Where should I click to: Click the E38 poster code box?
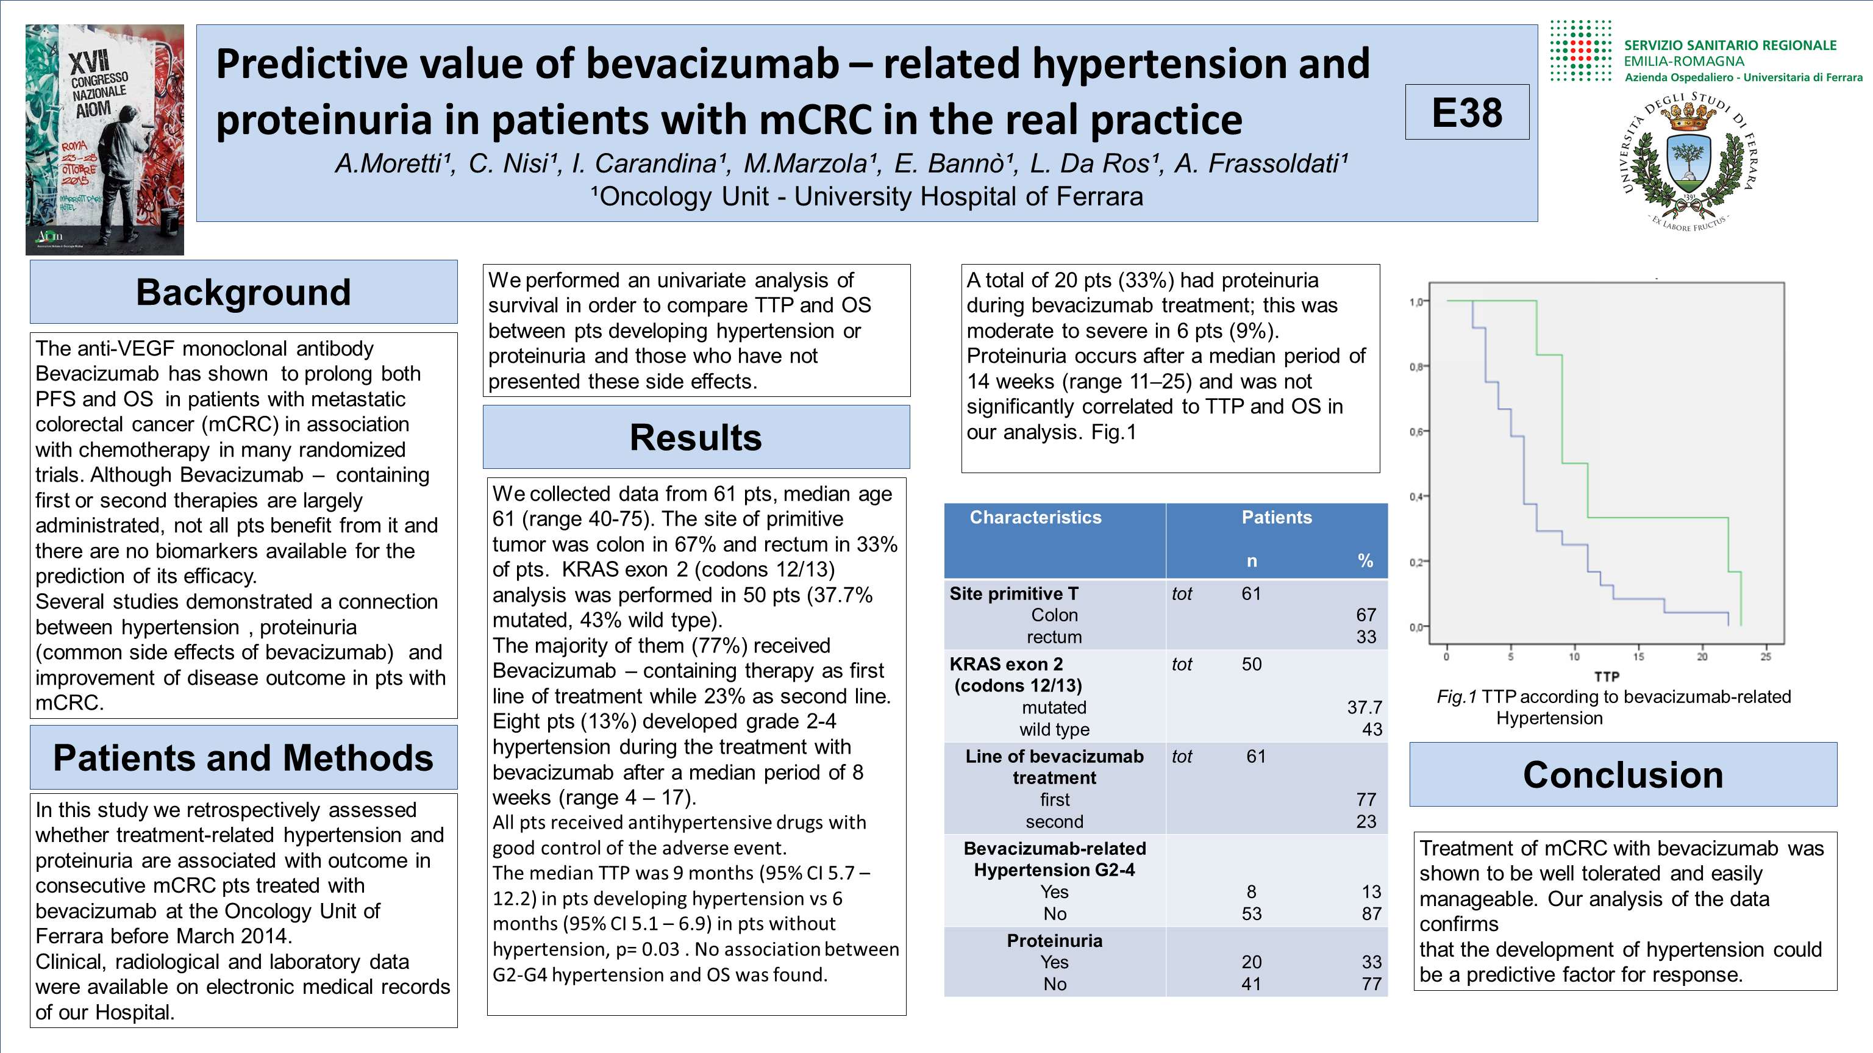[1466, 113]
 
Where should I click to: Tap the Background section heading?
[244, 292]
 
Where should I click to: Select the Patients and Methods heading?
[244, 758]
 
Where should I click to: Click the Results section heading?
[696, 437]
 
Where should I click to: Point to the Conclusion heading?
[1623, 774]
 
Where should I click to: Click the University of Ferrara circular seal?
[1688, 162]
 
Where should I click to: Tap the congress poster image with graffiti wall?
[105, 140]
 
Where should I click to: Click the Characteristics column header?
[1035, 517]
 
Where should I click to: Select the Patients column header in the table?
[1276, 517]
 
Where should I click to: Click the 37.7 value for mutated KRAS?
[1364, 707]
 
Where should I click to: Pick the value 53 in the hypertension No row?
[1251, 914]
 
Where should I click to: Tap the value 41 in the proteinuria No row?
[1251, 984]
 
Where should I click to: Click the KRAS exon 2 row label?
[1006, 664]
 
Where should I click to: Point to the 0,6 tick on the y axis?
[1416, 432]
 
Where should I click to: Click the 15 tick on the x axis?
[1638, 657]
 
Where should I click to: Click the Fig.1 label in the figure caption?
[1457, 697]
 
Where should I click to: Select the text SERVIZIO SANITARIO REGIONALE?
[1730, 45]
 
